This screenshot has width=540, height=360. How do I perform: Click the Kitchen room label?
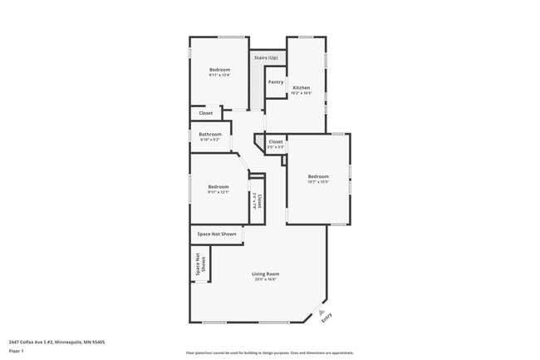301,87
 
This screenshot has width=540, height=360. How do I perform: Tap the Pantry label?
276,82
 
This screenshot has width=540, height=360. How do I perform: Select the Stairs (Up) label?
266,57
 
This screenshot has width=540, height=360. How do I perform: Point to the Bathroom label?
209,134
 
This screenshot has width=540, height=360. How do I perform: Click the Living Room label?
266,274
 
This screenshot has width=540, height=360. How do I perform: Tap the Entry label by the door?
326,316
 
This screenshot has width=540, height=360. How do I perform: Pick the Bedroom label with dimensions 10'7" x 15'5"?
318,176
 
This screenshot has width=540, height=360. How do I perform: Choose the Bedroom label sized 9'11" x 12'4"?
219,69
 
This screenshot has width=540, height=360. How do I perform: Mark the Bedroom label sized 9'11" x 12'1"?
218,186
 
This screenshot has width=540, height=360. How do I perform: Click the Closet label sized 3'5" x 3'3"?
276,142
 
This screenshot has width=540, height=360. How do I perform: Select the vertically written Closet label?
260,200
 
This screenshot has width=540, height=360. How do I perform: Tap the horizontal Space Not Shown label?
217,234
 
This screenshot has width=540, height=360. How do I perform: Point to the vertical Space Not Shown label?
199,264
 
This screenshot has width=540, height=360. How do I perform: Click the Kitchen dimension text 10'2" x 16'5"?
301,93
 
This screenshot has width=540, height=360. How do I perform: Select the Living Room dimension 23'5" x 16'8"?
266,279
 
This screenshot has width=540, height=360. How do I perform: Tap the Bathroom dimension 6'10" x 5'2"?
209,140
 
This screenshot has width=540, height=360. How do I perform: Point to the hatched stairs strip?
257,88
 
